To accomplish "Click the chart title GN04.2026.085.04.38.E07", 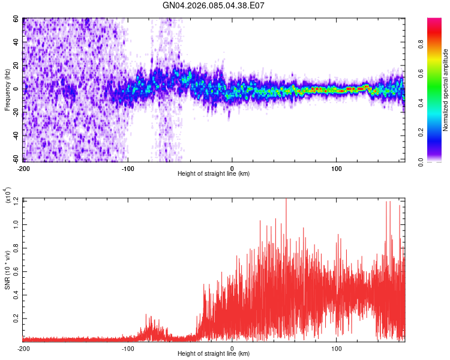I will click(214, 6).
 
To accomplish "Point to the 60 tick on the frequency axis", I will click(17, 19).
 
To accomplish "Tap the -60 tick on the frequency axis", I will click(16, 159).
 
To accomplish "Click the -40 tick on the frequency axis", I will click(16, 136).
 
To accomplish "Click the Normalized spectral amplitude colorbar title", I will click(446, 90).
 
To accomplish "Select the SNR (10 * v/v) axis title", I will click(8, 269).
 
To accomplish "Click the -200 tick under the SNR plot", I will click(23, 348).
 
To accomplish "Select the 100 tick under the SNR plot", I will click(337, 348).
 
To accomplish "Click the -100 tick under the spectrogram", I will click(128, 169).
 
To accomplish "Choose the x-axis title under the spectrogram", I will click(214, 174).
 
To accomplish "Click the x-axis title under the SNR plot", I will click(214, 353).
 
